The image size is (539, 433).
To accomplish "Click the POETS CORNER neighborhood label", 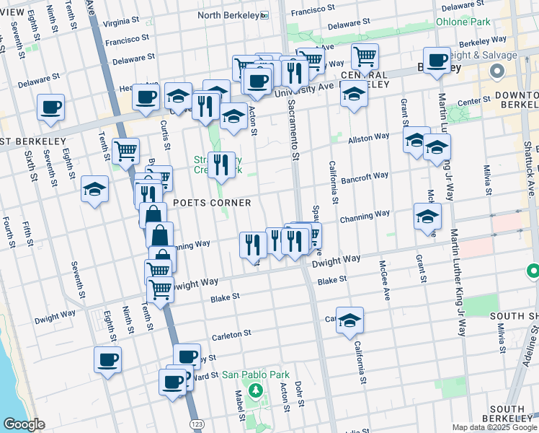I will pyautogui.click(x=211, y=203).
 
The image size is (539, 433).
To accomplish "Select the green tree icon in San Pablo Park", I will pyautogui.click(x=254, y=390).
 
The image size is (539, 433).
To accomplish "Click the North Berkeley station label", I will pyautogui.click(x=228, y=15).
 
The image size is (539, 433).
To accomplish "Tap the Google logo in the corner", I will pyautogui.click(x=24, y=425).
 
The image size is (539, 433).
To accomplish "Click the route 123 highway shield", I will pyautogui.click(x=196, y=425).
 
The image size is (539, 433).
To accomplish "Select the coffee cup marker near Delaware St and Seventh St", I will pyautogui.click(x=51, y=108).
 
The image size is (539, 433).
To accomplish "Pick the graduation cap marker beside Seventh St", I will pyautogui.click(x=94, y=190).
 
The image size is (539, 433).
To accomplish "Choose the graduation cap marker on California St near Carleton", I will pyautogui.click(x=349, y=321).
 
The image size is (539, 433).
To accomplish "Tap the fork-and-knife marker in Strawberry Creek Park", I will pyautogui.click(x=221, y=166).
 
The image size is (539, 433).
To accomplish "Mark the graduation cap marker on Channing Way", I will pyautogui.click(x=427, y=217).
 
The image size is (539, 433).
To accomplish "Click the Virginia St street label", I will pyautogui.click(x=120, y=23).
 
